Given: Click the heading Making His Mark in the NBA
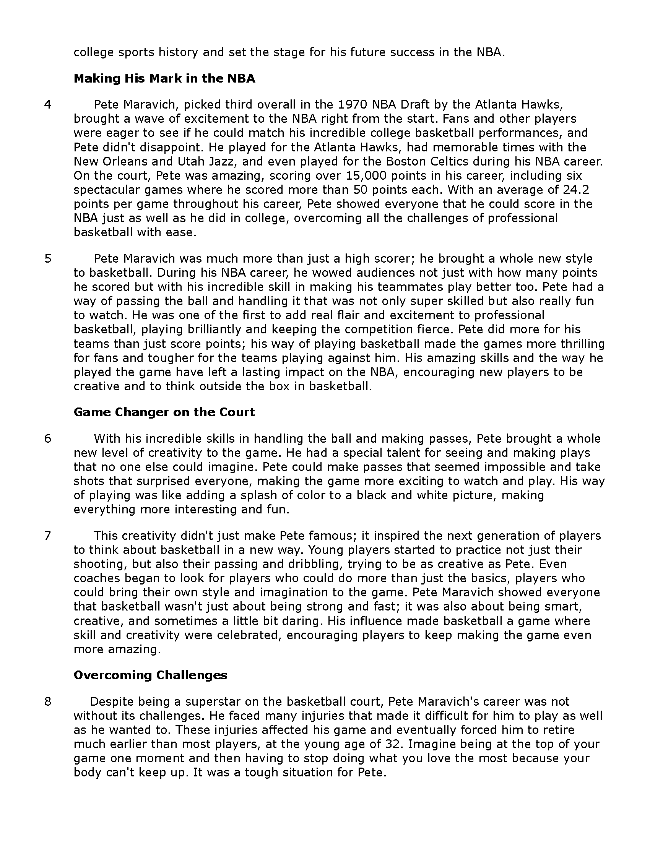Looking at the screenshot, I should [x=164, y=78].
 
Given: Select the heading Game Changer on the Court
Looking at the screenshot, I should [x=164, y=412].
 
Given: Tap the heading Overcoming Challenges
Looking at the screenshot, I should [x=150, y=675].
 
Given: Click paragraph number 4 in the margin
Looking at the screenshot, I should [x=47, y=105].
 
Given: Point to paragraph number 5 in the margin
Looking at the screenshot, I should [x=47, y=258].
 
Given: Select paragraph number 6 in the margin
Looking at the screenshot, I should [x=47, y=438].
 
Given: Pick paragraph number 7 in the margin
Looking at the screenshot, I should [x=47, y=536].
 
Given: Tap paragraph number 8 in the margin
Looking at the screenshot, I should [x=47, y=701].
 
